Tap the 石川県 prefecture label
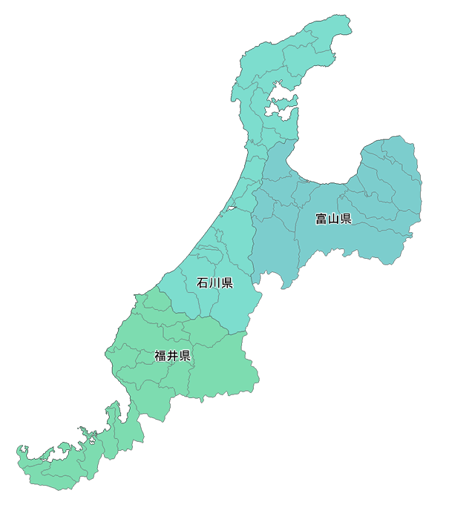215,283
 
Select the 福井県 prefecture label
173,356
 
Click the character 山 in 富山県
333,219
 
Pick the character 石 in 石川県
203,283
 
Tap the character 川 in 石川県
215,283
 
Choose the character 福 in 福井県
161,356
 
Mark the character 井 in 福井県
173,356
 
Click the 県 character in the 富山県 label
345,219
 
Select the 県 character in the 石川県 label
227,283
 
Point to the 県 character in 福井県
185,356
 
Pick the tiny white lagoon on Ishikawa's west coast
231,208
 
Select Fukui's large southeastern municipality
223,363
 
